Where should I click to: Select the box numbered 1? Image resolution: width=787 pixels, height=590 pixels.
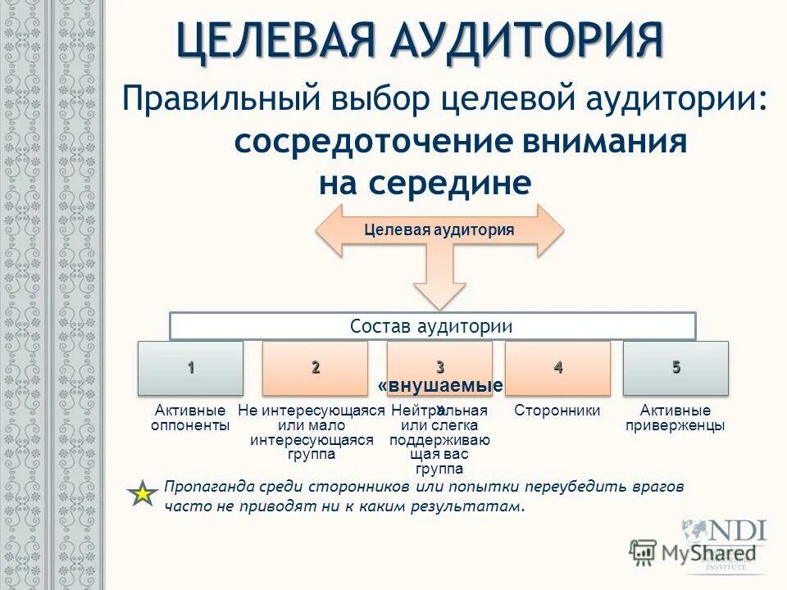[x=191, y=367]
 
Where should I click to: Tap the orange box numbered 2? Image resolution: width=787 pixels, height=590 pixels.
[x=315, y=367]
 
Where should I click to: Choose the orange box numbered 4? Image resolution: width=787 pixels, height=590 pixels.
[x=557, y=367]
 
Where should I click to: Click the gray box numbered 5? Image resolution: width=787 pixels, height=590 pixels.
[x=676, y=367]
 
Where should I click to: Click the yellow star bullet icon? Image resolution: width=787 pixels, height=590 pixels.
[x=143, y=494]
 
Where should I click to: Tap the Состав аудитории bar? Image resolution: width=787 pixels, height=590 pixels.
[x=432, y=326]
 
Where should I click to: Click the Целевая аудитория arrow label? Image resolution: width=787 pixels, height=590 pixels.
[x=439, y=230]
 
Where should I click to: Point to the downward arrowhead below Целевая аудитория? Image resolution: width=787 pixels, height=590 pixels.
[x=439, y=293]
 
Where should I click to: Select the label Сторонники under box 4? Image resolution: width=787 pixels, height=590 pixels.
[x=557, y=411]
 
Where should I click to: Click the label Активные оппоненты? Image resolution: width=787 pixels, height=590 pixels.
[x=191, y=418]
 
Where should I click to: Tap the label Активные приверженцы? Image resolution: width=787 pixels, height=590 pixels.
[x=676, y=418]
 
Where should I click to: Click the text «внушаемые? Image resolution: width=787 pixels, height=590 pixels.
[x=440, y=386]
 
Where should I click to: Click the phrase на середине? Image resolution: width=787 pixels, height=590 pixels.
[x=425, y=183]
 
